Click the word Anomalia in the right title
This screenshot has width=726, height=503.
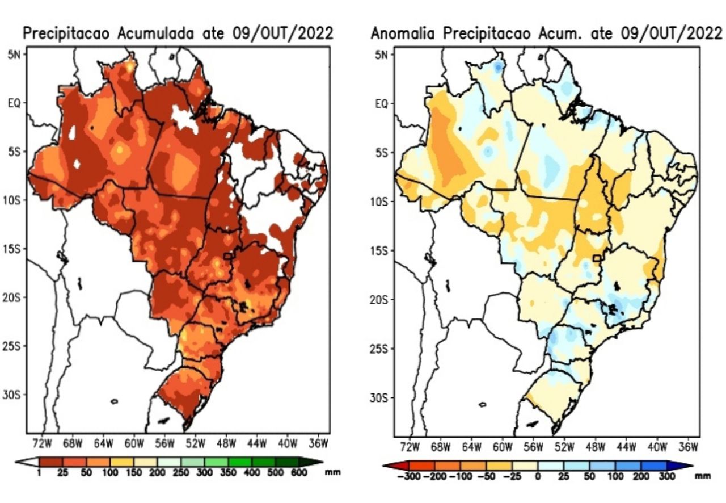click(x=404, y=33)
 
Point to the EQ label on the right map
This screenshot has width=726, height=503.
click(x=381, y=104)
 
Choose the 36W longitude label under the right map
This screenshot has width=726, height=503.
click(x=688, y=446)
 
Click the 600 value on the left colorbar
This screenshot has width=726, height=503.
click(x=299, y=472)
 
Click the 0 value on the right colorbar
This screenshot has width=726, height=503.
click(x=537, y=476)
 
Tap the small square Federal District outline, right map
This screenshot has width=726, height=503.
click(x=596, y=258)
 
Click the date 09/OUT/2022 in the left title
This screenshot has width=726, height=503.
click(x=282, y=33)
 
